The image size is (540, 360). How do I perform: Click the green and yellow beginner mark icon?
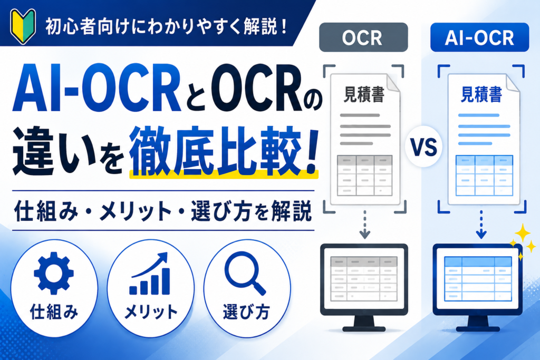point(23,26)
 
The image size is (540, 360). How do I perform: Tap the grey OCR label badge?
point(363,37)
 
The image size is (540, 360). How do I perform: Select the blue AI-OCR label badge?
point(479,37)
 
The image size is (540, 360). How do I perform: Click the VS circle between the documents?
point(423,147)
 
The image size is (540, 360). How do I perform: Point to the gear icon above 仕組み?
point(54,273)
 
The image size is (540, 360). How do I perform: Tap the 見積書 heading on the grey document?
point(364,94)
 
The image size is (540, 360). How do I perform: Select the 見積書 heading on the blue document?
point(481,94)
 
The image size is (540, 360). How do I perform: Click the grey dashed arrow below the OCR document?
point(365,225)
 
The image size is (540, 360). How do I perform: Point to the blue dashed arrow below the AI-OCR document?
point(481,225)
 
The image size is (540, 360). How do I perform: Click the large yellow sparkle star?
point(523,233)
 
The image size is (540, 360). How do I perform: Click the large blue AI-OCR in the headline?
point(97,89)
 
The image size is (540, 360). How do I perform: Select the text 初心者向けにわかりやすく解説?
point(162,27)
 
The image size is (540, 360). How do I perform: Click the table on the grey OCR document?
point(365,176)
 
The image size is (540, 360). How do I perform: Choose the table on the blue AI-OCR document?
point(484,176)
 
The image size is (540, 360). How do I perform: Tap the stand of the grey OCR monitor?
point(364,324)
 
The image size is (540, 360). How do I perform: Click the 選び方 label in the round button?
point(246,312)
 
